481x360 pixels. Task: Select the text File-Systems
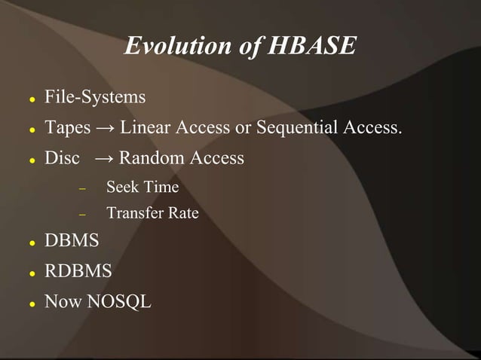click(x=95, y=97)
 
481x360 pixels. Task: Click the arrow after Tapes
click(x=105, y=128)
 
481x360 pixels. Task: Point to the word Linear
click(x=145, y=127)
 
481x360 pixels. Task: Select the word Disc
click(x=62, y=158)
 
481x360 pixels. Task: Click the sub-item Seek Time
click(x=142, y=186)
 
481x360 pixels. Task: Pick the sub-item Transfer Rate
click(x=152, y=213)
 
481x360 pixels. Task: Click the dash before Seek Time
click(x=83, y=187)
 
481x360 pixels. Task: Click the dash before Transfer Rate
click(x=83, y=214)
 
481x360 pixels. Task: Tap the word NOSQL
click(x=119, y=302)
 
